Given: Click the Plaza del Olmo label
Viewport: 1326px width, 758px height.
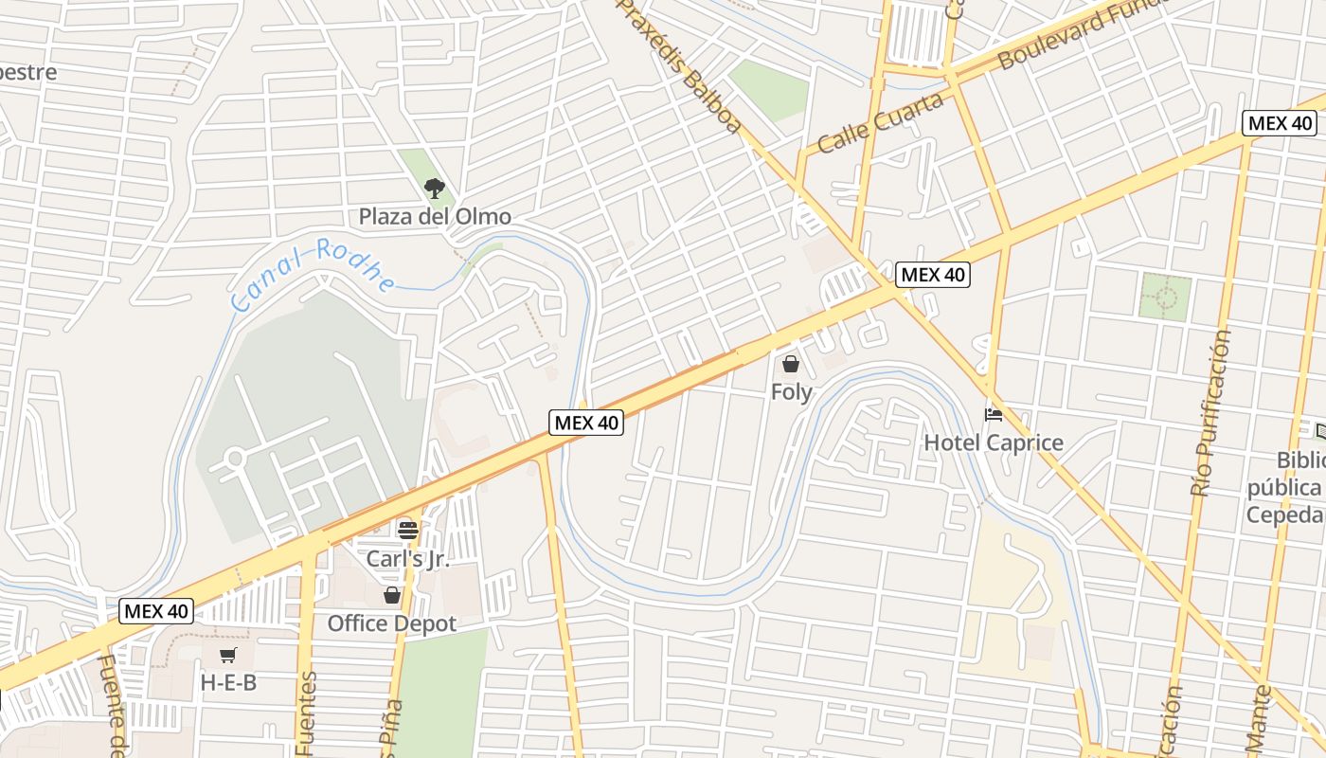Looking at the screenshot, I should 435,217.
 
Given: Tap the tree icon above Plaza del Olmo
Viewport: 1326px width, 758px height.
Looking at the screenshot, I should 435,189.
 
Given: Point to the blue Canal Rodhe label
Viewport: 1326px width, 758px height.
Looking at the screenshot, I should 314,275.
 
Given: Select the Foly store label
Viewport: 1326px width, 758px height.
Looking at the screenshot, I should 791,391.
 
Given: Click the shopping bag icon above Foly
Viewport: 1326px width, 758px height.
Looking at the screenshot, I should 791,364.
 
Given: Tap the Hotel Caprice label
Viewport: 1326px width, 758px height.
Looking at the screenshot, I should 994,442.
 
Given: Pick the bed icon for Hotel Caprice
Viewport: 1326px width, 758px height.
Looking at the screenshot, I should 994,415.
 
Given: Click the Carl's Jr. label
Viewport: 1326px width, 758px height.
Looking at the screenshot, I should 408,559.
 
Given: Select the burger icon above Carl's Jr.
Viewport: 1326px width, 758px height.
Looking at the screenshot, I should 408,530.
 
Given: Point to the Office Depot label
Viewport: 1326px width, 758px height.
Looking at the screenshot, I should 392,623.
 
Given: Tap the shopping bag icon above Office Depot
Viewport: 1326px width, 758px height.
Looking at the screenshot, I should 392,595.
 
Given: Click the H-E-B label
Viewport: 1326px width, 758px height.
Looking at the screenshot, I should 228,682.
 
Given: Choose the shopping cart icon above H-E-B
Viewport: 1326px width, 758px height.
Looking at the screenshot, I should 228,655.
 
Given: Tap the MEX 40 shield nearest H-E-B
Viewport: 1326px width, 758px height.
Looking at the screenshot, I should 157,611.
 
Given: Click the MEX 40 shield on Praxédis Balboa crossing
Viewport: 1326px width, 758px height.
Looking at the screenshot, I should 933,275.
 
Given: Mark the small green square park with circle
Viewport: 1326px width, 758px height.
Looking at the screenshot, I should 1165,297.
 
